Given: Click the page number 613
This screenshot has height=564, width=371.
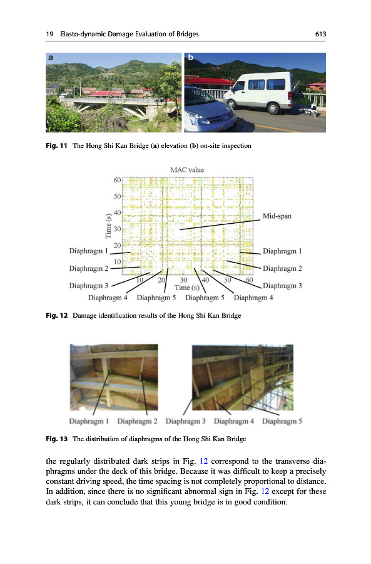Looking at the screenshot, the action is click(320, 34).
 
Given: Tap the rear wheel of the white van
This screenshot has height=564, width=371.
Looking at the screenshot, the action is click(273, 108).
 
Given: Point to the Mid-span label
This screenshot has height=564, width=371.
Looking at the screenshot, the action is click(277, 216).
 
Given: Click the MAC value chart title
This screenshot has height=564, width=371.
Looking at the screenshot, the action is click(187, 170).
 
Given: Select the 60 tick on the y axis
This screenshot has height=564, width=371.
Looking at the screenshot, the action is click(117, 180).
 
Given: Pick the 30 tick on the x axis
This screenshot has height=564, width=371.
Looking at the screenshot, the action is click(183, 280).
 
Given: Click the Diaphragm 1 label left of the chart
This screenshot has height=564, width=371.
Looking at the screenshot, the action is click(88, 251).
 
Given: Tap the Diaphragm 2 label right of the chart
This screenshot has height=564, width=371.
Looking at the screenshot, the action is click(282, 268).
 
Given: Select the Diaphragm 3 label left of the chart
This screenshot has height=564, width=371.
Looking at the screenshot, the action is click(88, 286).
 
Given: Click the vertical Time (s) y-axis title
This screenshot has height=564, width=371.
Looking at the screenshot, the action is click(108, 226).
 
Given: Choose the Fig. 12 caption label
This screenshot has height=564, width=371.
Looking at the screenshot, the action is click(56, 315).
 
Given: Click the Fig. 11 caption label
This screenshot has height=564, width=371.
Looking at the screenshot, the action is click(56, 145).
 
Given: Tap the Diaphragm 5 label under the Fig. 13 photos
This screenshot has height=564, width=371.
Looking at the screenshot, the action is click(282, 421).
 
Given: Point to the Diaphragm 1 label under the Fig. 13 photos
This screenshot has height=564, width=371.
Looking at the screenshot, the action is click(89, 421).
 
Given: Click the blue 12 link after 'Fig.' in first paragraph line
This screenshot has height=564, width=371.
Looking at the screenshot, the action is click(203, 461).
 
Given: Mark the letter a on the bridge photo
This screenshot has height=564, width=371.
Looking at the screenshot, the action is click(51, 58).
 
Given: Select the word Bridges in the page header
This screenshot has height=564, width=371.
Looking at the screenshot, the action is click(187, 34).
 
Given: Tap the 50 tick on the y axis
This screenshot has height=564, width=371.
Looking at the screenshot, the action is click(117, 196).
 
